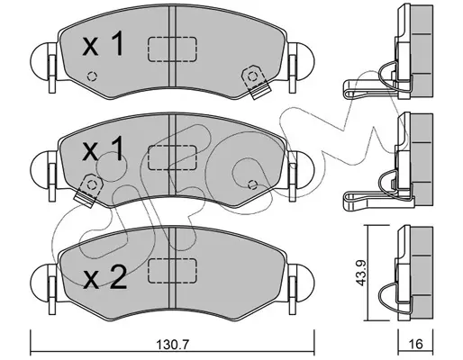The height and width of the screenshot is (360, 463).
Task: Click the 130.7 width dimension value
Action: [172, 345]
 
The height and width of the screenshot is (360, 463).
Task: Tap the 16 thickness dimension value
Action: [415, 344]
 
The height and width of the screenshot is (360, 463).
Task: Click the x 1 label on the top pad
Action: [103, 44]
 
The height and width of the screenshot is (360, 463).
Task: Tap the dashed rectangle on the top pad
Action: [172, 49]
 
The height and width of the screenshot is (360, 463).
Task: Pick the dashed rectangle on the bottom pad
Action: [172, 271]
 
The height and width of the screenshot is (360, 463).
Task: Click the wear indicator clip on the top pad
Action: [255, 81]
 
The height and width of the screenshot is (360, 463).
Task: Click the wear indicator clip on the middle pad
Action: [88, 190]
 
